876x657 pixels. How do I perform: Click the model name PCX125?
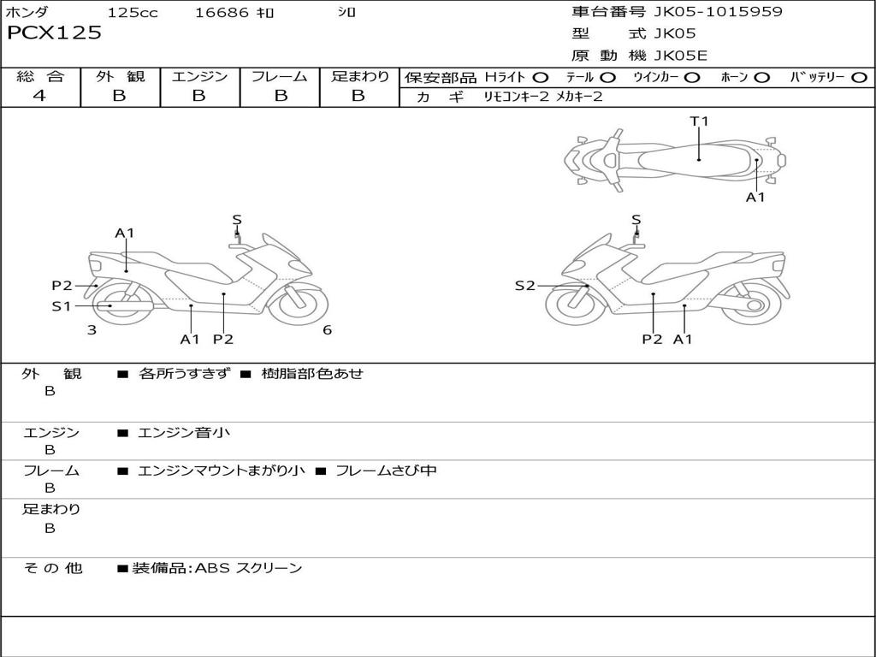point(54,33)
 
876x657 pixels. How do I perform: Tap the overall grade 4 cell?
point(39,96)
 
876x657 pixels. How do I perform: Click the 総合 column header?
point(39,76)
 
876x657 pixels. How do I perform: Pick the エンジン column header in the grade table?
point(199,76)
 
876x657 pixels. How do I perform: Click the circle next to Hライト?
point(541,78)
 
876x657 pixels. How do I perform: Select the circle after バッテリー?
point(859,78)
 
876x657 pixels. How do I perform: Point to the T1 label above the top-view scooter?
point(700,121)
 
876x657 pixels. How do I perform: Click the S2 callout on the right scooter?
point(524,286)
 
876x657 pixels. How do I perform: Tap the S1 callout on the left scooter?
point(61,305)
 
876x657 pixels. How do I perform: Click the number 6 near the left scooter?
point(327,330)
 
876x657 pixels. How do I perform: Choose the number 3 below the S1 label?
point(92,330)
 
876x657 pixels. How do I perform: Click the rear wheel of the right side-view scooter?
point(752,305)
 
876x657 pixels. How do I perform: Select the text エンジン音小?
point(184,433)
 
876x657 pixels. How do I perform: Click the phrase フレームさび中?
point(386,471)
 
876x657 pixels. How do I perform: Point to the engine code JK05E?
point(680,56)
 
